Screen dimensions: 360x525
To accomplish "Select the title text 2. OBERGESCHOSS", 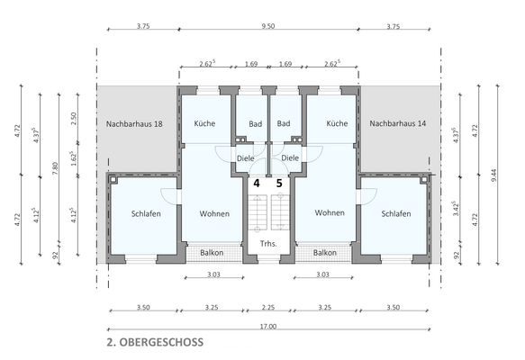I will coord(154,342).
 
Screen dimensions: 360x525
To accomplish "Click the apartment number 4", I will coord(256,184).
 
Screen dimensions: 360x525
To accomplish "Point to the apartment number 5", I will coord(279,184).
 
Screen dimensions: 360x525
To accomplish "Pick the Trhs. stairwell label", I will coord(267,245).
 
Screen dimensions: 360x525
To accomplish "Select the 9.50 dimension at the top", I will coord(267,27).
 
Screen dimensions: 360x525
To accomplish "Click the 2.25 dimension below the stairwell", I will coord(267,307).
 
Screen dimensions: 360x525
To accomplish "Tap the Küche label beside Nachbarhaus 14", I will coord(337,123).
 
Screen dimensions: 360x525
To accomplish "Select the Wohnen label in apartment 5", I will coord(330,213).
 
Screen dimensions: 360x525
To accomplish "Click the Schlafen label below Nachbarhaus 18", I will coord(146,214).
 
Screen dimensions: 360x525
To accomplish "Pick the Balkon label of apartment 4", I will coord(212,253).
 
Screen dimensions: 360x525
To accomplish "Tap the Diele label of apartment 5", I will coord(290,158).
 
